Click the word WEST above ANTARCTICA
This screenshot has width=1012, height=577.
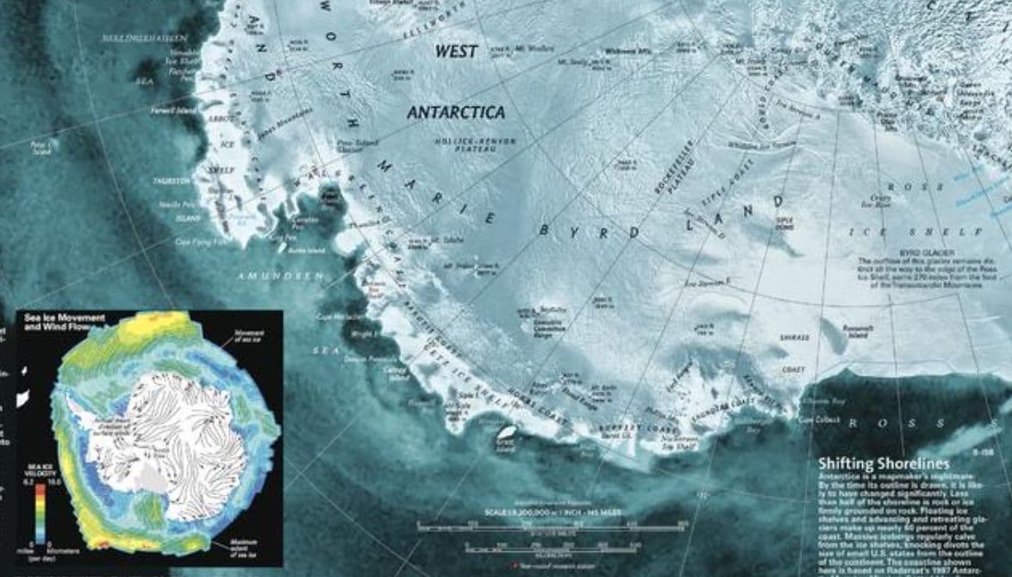(x=456, y=52)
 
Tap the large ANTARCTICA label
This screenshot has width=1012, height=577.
(x=455, y=113)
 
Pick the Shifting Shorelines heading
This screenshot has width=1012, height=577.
(x=883, y=464)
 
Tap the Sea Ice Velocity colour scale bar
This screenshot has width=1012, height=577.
(x=40, y=512)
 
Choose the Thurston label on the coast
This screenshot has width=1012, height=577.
(x=171, y=181)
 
